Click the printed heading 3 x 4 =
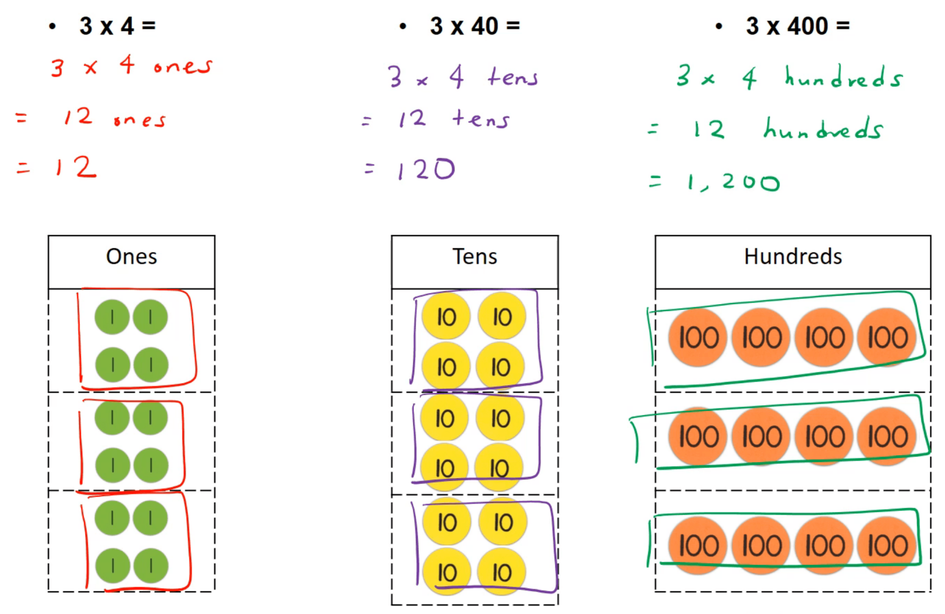coord(117,26)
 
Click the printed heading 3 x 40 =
coord(474,26)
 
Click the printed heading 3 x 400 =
coord(797,26)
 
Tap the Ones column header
coord(131,257)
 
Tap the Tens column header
coord(474,257)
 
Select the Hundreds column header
coord(793,257)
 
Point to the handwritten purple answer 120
coord(426,170)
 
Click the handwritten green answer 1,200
coord(734,183)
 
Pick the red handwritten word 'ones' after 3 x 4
coord(183,66)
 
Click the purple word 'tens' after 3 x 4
coord(513,77)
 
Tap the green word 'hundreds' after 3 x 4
coord(843,77)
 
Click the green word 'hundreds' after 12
coord(823,130)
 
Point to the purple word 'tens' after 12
coord(481,119)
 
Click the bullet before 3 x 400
coord(718,27)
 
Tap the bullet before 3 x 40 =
coord(403,27)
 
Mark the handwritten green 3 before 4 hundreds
coord(683,75)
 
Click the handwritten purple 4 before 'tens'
coord(457,77)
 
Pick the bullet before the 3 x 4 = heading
coord(52,27)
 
